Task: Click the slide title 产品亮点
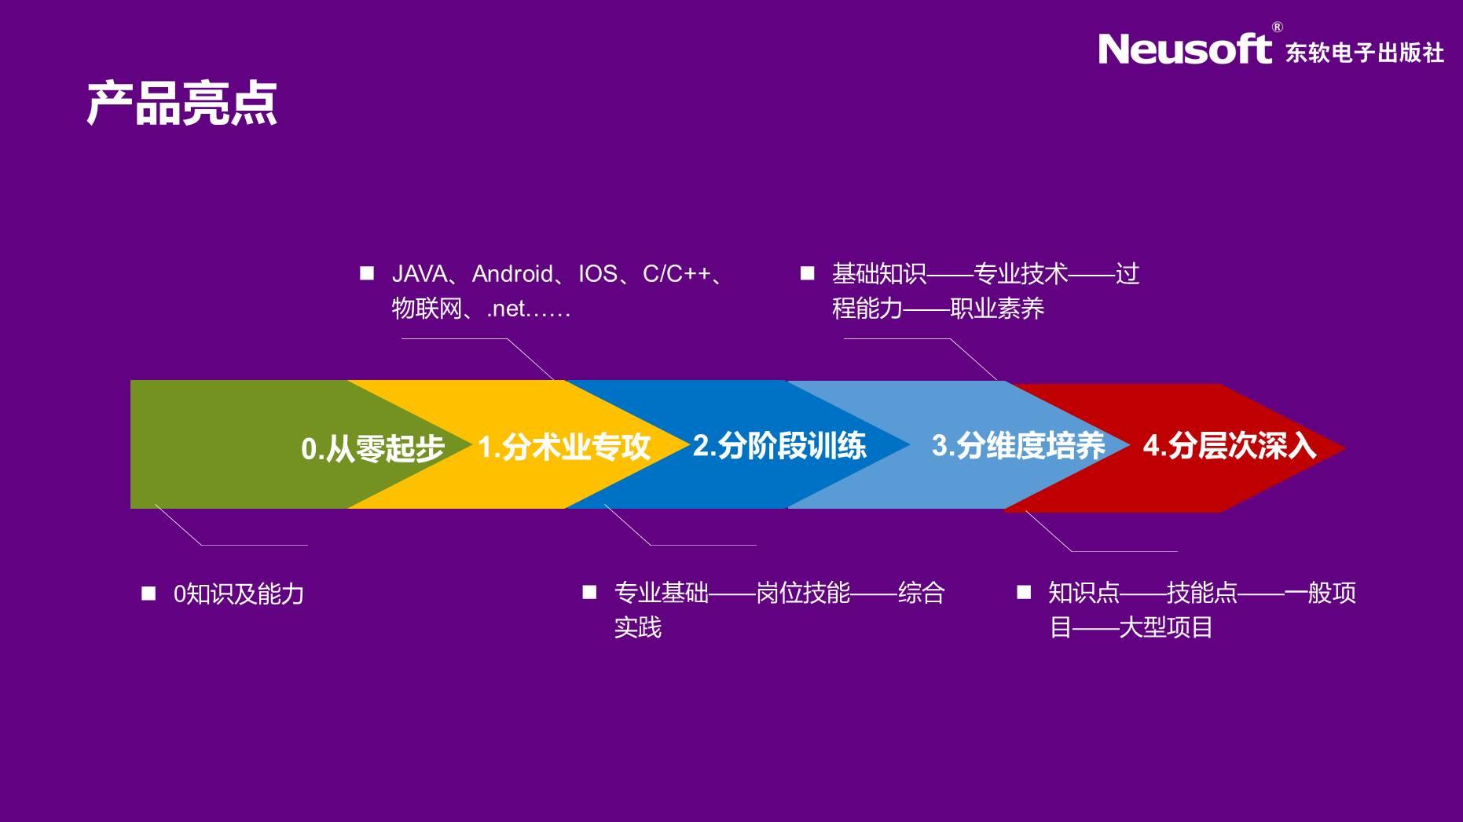[181, 104]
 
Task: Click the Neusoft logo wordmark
[1185, 49]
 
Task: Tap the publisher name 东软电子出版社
[1365, 53]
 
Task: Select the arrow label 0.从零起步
[372, 448]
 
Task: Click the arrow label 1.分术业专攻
[564, 447]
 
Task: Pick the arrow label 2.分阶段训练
[779, 446]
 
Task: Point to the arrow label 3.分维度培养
[1018, 445]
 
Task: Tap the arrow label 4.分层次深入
[1230, 445]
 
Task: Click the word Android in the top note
[512, 273]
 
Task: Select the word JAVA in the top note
[420, 273]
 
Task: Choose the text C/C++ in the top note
[676, 273]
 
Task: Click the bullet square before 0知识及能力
[148, 593]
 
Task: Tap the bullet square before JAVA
[367, 272]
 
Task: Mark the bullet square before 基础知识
[807, 272]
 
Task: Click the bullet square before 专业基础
[589, 591]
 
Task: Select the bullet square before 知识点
[1024, 591]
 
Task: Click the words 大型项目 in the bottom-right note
[1166, 627]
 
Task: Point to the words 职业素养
[997, 309]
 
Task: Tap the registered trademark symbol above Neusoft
[1277, 27]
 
